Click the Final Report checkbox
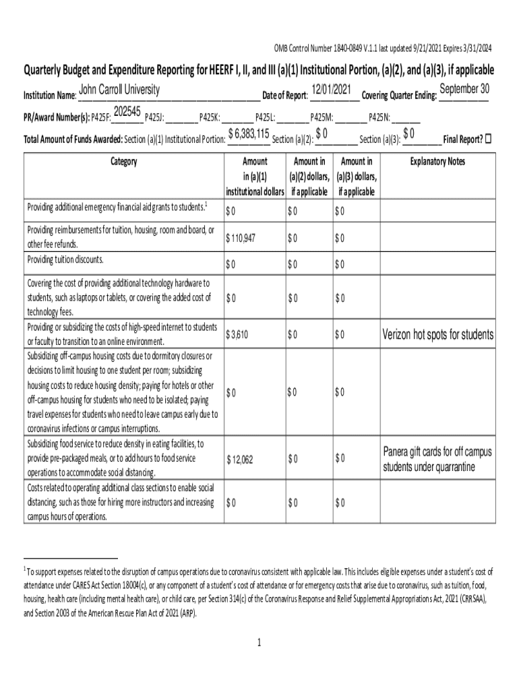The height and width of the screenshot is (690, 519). coord(489,139)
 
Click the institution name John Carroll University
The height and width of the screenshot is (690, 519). coord(119,90)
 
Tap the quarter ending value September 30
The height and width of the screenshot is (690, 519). coord(464,90)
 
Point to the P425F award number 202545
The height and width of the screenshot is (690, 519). coord(127,111)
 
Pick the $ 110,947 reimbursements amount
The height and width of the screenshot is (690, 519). coord(241,238)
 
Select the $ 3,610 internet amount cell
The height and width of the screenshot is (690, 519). coord(239,334)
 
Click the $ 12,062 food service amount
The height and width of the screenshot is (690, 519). coord(240,460)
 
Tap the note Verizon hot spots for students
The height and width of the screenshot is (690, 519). coord(438,335)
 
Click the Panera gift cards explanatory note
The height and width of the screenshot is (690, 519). coord(438,459)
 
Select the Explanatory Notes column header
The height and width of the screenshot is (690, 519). coord(437,162)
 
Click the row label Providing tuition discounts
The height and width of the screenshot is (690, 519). coord(65,259)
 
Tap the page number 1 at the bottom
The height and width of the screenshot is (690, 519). coord(259,643)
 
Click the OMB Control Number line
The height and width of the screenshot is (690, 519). coord(382,48)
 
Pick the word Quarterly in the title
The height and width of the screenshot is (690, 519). coord(48,70)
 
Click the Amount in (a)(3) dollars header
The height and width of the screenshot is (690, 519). coord(357,176)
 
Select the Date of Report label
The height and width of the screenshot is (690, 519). coord(284,96)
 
